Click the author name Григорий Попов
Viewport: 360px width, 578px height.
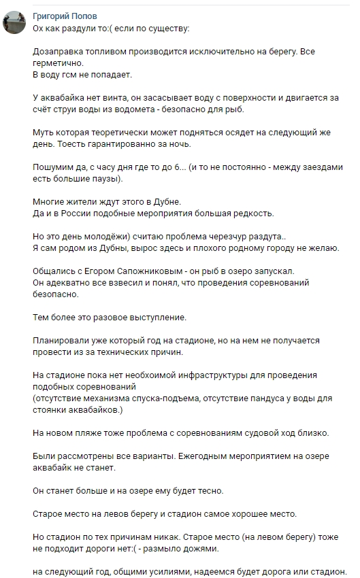coord(64,15)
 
